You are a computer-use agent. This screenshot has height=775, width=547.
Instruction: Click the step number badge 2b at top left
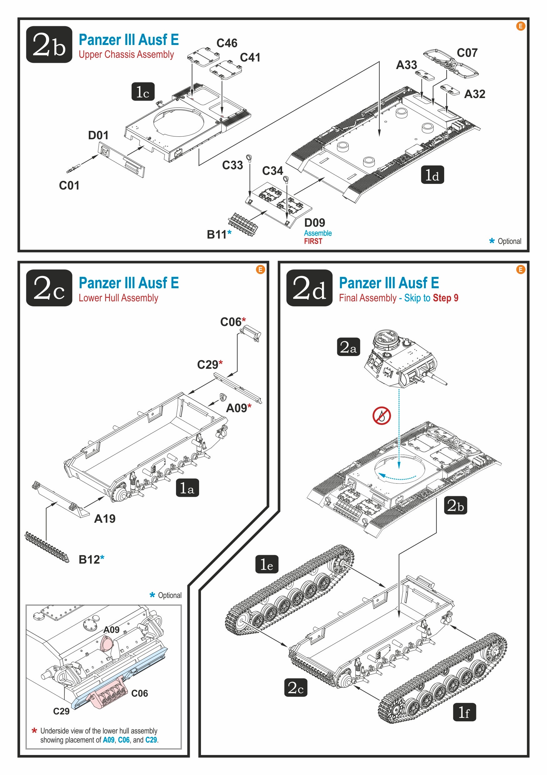point(49,44)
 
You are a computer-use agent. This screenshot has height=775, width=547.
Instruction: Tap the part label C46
point(227,43)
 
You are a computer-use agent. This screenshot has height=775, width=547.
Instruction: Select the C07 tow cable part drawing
point(450,63)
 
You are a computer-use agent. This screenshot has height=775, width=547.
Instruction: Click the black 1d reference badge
point(432,175)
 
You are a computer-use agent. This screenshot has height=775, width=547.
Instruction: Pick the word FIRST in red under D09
point(313,241)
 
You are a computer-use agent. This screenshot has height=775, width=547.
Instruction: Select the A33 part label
point(406,65)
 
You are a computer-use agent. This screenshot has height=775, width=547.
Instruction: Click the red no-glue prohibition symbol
point(381,416)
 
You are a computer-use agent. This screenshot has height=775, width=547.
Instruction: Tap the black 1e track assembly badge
point(267,564)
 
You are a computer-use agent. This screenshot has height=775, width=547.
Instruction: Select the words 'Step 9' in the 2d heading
point(445,298)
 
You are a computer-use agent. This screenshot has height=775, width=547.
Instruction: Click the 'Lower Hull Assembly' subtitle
point(118,298)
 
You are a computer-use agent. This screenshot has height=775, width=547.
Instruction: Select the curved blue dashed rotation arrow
point(397,476)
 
